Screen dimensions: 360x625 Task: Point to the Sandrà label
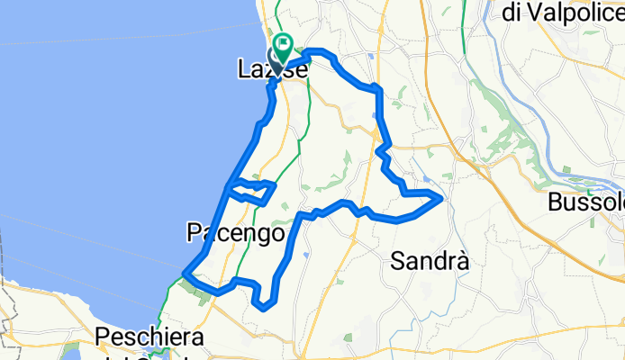430,261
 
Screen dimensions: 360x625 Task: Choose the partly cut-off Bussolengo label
585,202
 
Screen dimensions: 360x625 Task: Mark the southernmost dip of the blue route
263,307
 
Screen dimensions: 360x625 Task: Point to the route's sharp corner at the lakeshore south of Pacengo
185,273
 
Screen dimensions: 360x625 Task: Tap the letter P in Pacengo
194,232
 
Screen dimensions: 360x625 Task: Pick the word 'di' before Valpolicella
512,12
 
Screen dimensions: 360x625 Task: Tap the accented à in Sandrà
462,261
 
